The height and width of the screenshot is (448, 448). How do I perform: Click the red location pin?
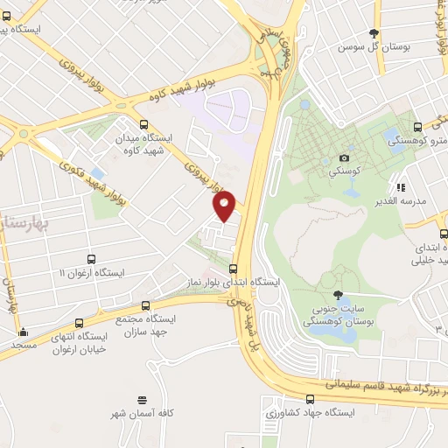[x=225, y=205]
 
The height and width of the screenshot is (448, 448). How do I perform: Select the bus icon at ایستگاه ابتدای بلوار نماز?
[x=232, y=269]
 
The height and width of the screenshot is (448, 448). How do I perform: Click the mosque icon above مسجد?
[x=23, y=332]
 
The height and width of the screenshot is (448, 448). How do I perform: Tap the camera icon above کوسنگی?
[x=344, y=158]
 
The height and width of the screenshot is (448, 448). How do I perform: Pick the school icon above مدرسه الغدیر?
[x=400, y=187]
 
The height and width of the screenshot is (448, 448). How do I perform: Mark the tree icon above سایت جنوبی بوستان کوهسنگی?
[x=338, y=295]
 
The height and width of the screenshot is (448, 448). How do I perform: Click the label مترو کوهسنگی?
[x=428, y=141]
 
